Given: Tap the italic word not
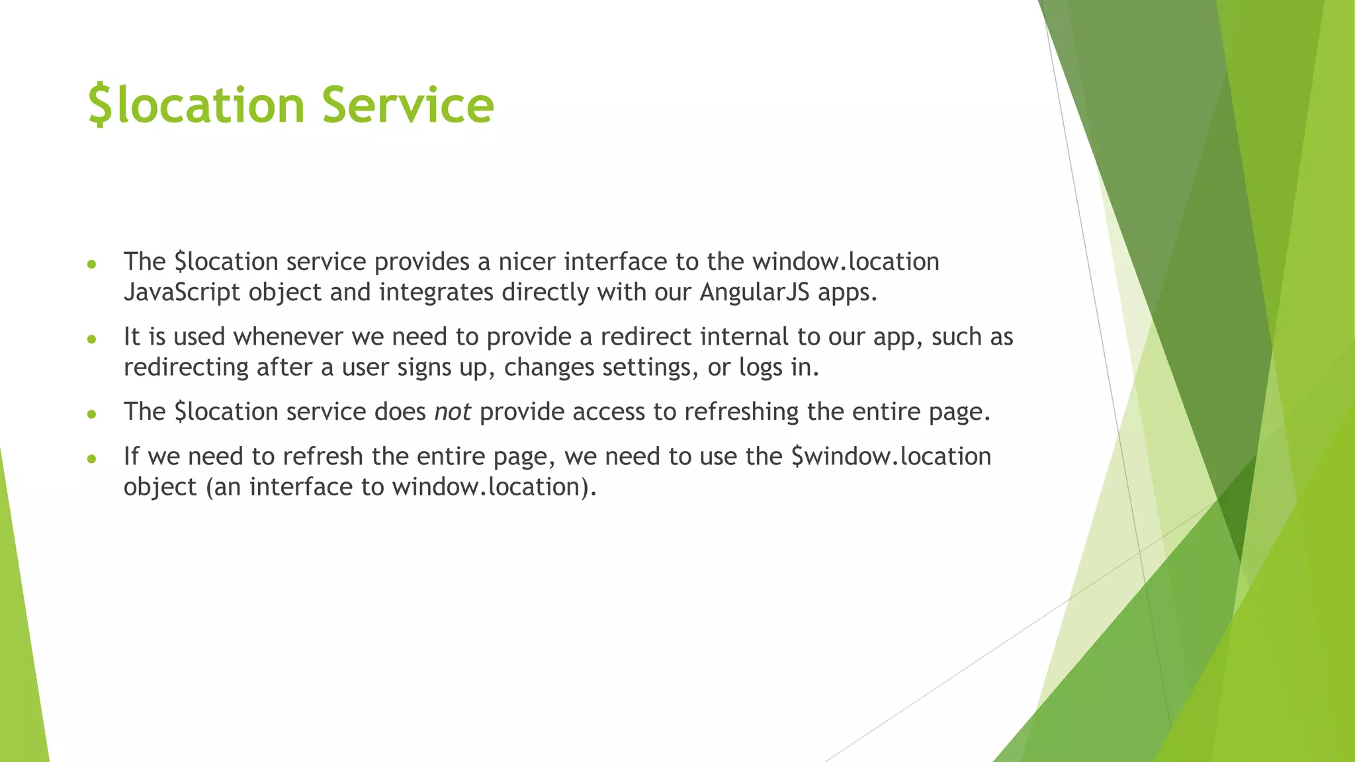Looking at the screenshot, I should tap(452, 412).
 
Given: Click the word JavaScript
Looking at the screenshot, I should tap(182, 292).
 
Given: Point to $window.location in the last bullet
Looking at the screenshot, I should tap(891, 456).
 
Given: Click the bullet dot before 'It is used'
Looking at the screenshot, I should tap(92, 339).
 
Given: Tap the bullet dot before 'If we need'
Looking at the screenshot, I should tap(92, 458).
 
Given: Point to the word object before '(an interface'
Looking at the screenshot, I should tap(160, 487).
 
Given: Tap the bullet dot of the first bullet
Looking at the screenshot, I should tap(92, 264).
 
